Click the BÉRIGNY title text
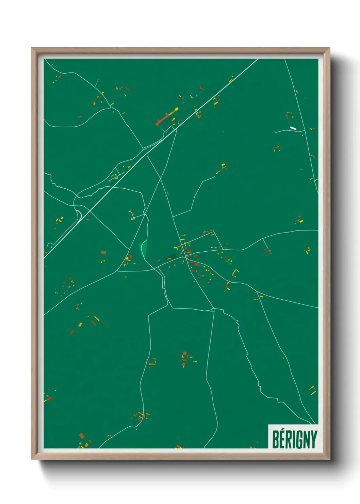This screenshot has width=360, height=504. tap(295, 439)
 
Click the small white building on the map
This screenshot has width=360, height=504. tap(293, 128)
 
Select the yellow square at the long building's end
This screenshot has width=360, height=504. tap(177, 109)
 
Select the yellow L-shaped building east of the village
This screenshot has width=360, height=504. tap(235, 272)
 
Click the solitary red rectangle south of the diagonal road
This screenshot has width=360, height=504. tap(103, 253)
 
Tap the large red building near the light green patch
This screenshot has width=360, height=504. tap(131, 256)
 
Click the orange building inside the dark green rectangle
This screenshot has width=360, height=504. tap(169, 259)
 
